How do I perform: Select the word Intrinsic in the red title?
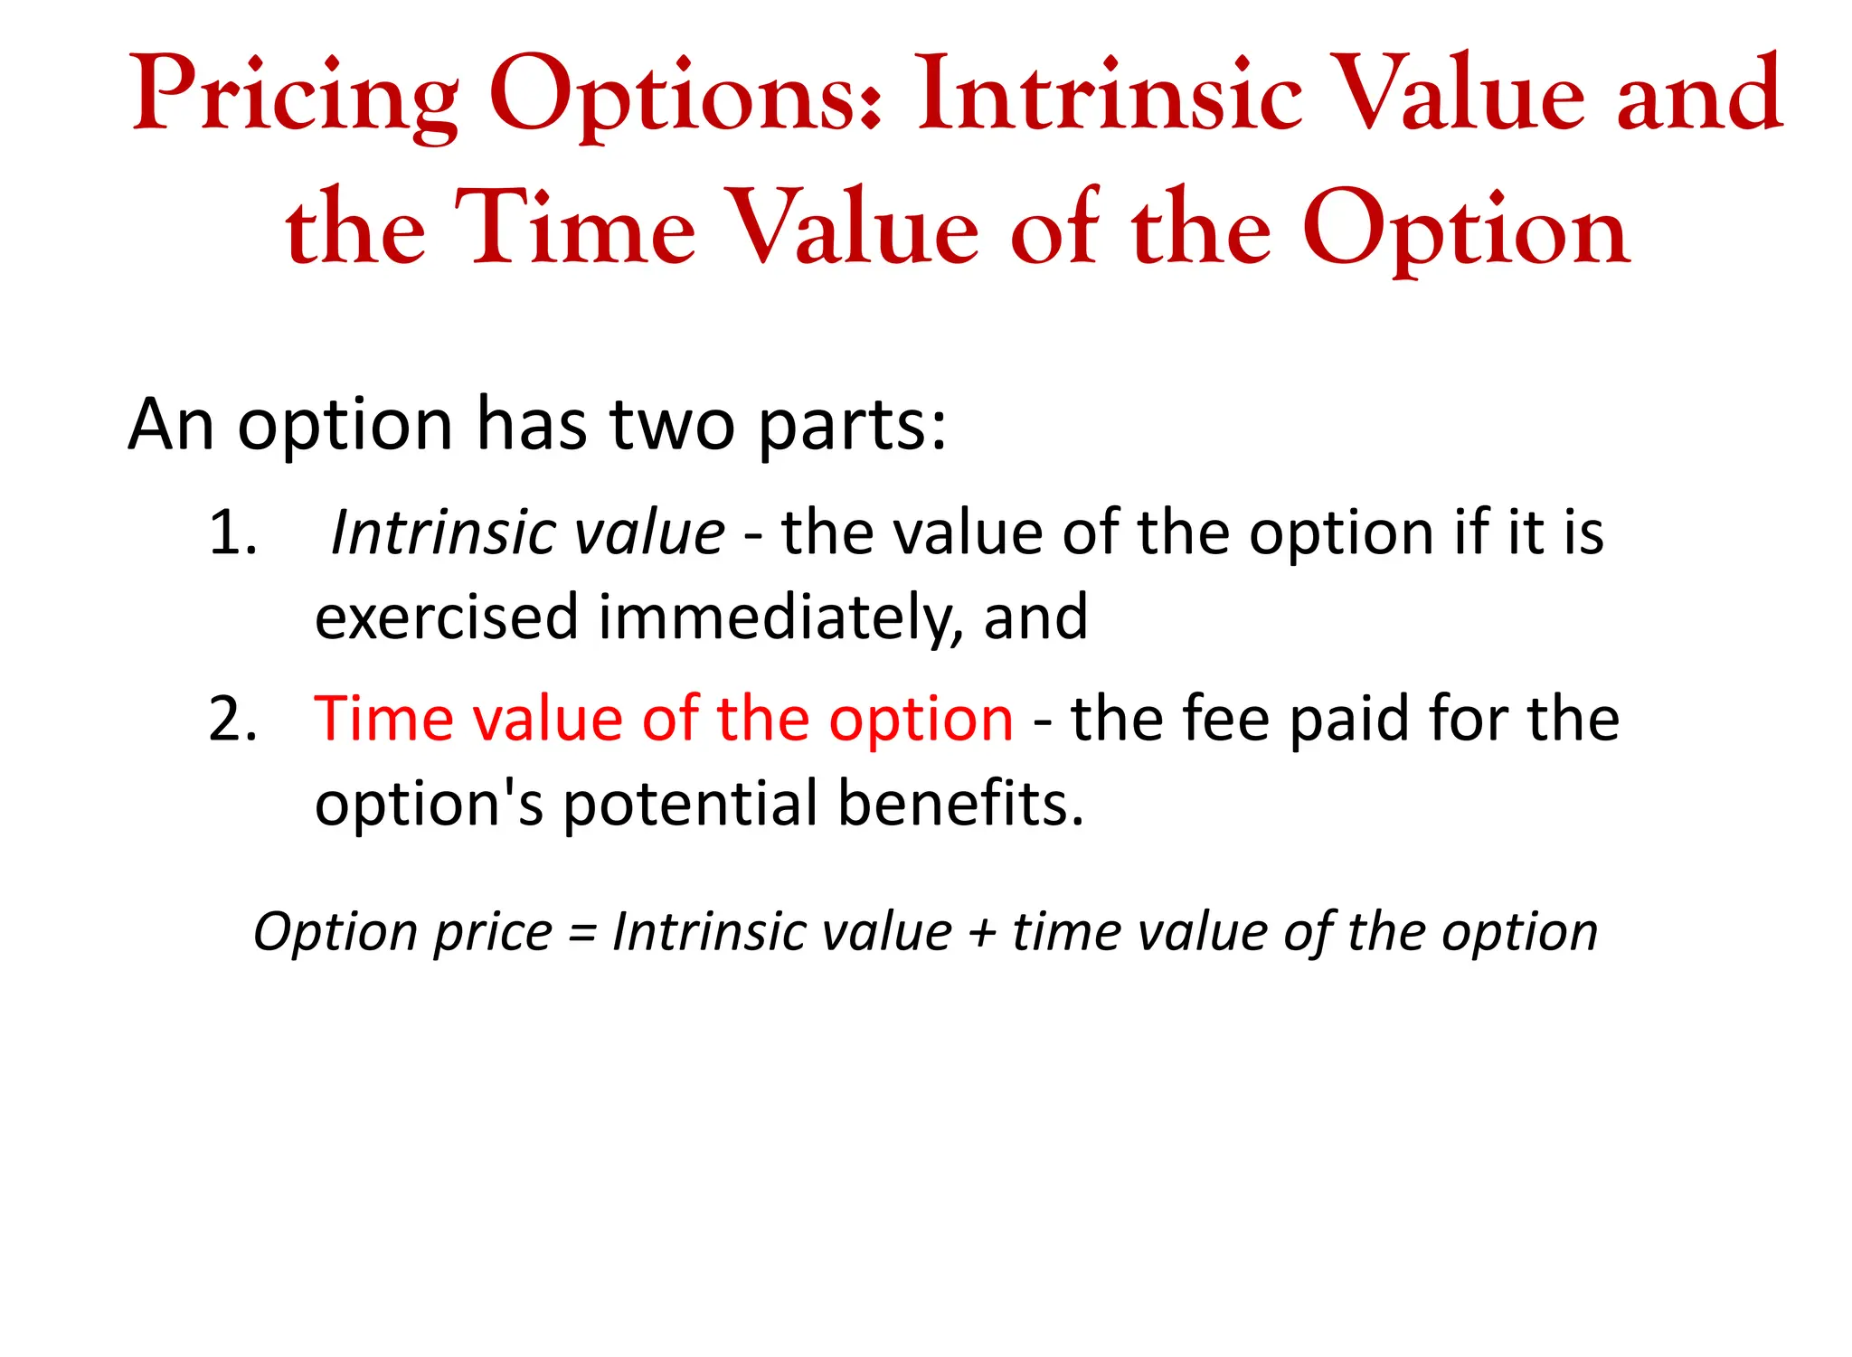1110,94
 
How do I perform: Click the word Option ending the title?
1465,228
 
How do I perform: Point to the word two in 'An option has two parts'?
672,424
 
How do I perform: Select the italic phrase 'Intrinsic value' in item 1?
528,532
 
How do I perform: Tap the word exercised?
447,617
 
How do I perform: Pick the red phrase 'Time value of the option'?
664,720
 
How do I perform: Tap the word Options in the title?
685,96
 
